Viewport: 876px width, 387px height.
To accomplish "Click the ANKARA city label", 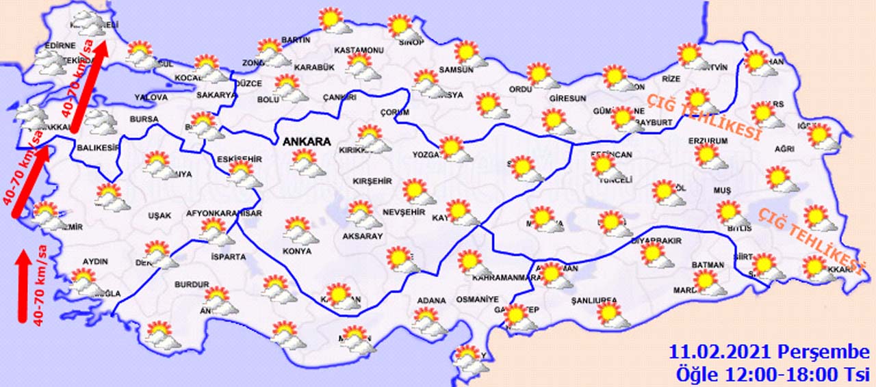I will (306, 142).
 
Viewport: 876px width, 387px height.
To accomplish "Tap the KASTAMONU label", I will (359, 51).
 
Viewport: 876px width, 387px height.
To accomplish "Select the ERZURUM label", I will (708, 141).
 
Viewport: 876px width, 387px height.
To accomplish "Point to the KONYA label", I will (296, 251).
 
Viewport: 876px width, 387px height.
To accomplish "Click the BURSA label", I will (144, 119).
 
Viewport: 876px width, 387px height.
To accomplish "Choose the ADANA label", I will (431, 300).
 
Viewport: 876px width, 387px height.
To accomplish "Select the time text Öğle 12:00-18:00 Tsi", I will (772, 374).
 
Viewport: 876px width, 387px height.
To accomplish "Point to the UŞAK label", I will (159, 215).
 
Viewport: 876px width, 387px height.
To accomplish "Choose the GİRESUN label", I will (567, 98).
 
